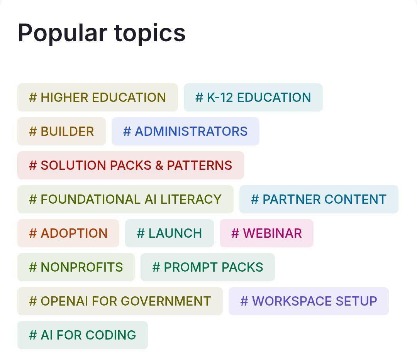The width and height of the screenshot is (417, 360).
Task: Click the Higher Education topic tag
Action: pyautogui.click(x=98, y=97)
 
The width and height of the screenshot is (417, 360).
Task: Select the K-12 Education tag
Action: pyautogui.click(x=253, y=97)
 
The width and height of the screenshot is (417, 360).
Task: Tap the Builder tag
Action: pyautogui.click(x=62, y=131)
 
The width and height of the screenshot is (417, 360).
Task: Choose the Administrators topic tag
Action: pyautogui.click(x=185, y=131)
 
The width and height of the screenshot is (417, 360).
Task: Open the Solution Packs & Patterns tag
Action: pyautogui.click(x=131, y=165)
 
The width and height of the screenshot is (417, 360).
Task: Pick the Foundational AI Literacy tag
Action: pyautogui.click(x=125, y=199)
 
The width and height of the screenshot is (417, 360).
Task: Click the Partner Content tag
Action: pyautogui.click(x=319, y=199)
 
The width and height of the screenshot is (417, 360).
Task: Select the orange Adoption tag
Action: pyautogui.click(x=68, y=233)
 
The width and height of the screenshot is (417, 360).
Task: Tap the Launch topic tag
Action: pyautogui.click(x=170, y=233)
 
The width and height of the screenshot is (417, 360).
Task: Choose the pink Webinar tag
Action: pyautogui.click(x=266, y=233)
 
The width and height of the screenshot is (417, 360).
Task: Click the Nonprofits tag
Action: pyautogui.click(x=76, y=267)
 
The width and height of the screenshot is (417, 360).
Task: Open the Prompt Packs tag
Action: pyautogui.click(x=208, y=267)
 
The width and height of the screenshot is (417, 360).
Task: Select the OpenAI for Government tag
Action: pyautogui.click(x=120, y=301)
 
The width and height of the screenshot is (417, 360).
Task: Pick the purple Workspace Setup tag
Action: pyautogui.click(x=309, y=301)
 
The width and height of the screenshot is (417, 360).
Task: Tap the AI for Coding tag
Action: pyautogui.click(x=83, y=335)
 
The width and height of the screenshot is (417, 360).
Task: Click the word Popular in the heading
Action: pyautogui.click(x=63, y=34)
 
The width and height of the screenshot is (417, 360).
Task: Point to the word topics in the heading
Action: pyautogui.click(x=150, y=34)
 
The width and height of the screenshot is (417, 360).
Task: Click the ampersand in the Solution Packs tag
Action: pyautogui.click(x=159, y=166)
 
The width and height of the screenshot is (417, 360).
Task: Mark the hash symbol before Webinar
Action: pyautogui.click(x=235, y=233)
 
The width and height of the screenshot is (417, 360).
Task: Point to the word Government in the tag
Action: pyautogui.click(x=166, y=301)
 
